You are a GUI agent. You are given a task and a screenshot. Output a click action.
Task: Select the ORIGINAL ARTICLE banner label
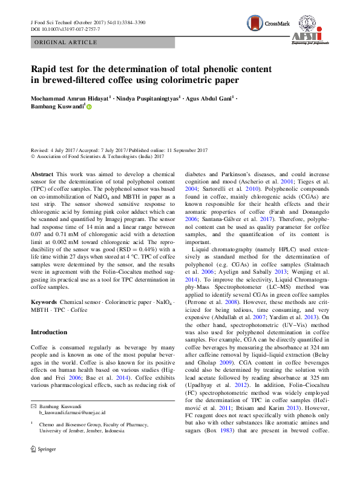(66, 42)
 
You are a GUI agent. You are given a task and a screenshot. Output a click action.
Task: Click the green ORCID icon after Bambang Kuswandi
(89, 107)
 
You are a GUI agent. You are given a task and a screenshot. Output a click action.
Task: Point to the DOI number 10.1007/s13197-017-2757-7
(70, 29)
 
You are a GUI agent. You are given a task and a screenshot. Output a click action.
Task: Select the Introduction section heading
(49, 332)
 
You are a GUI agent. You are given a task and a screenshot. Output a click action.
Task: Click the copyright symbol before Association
(33, 156)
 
